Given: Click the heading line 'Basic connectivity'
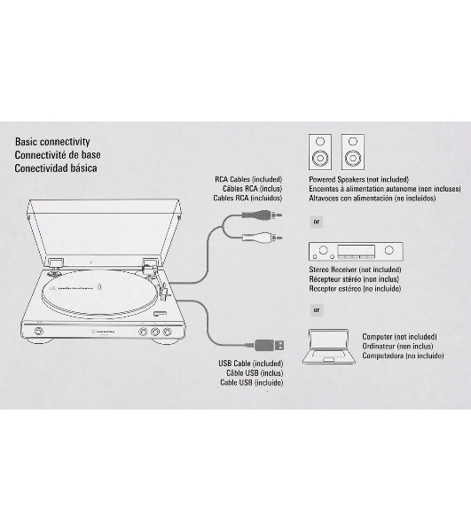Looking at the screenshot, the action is point(52,142).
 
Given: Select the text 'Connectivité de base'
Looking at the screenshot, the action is point(58,154).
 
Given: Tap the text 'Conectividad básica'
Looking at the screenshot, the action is point(56,168).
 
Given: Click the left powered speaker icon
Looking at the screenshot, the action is point(320,152).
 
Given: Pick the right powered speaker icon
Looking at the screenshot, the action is point(353,152).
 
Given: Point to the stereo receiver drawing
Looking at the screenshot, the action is point(356,252).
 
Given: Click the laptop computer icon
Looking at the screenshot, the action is point(329,346).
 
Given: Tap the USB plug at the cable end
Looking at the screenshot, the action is point(269,345).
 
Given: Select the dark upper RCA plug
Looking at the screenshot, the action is point(262,215).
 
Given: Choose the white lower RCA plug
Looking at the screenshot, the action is point(262,237).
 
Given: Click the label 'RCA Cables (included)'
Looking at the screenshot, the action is point(248,179).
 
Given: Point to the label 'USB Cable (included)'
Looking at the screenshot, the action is point(251,364).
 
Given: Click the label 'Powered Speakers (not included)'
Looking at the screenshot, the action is point(358,179).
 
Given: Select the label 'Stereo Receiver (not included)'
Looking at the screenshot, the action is point(355,270).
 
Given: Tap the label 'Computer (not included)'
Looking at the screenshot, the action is point(399,337).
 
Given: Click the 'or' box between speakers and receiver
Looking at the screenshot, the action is point(317,222).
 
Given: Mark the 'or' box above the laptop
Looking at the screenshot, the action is point(317,309).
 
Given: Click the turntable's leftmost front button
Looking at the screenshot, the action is point(39,331).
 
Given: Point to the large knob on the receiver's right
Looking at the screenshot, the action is point(389,250).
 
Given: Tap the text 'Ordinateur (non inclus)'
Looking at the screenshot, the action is point(397,347).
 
